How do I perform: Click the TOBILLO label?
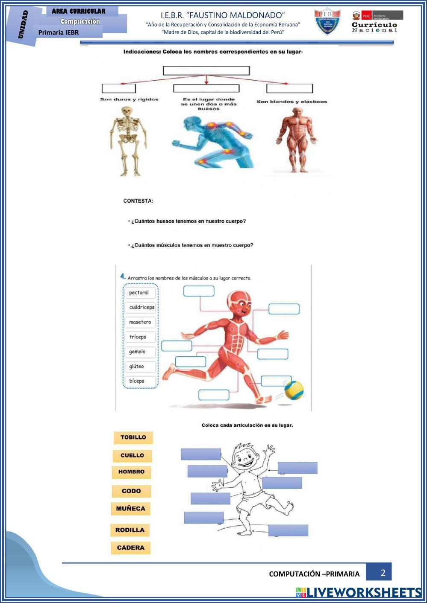pos(133,437)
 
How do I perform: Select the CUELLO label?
pos(132,456)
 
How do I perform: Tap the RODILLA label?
pos(130,530)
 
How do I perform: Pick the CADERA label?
pos(131,548)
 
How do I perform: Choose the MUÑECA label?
pos(131,509)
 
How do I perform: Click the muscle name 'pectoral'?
pos(139,293)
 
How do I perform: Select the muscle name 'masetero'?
pos(140,322)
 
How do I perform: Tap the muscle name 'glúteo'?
pos(137,367)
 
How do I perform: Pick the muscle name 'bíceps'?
pos(137,381)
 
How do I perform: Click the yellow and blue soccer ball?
pos(294,390)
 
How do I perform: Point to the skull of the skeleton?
pos(127,111)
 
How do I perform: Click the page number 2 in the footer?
pos(383,573)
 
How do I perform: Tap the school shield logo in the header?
pos(327,21)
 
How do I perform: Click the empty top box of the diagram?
pos(206,71)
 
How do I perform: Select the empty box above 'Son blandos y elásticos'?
pos(289,88)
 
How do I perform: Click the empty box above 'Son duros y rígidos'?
pos(119,88)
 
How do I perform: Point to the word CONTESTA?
pos(138,201)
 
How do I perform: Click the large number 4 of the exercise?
pos(123,277)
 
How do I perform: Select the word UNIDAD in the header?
pos(24,24)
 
